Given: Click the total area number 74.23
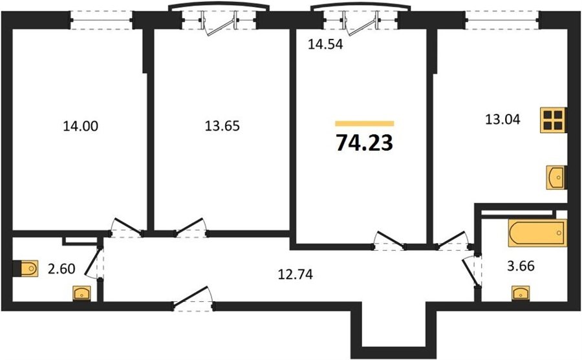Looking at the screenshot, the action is click(x=364, y=143).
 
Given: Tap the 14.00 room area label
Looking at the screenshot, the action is click(x=81, y=126).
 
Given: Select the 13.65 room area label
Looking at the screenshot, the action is click(x=222, y=126).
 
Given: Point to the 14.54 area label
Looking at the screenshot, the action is click(x=325, y=44).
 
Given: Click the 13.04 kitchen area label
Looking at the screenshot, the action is click(x=503, y=120).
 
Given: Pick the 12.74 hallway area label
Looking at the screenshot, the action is click(x=296, y=274).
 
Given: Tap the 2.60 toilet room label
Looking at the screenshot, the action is click(x=61, y=268).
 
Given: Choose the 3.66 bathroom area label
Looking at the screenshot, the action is click(x=521, y=266).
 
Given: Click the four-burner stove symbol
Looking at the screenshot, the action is click(x=553, y=120).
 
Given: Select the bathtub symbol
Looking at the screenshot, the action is click(x=537, y=233).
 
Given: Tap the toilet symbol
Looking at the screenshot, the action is click(x=26, y=268).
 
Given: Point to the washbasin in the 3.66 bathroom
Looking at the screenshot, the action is click(x=521, y=293).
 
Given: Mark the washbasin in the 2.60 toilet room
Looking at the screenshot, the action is click(x=81, y=293).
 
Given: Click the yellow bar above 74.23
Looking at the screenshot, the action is click(x=365, y=123).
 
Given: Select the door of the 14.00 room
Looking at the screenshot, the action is click(x=126, y=227).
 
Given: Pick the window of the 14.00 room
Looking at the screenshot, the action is click(x=102, y=19).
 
